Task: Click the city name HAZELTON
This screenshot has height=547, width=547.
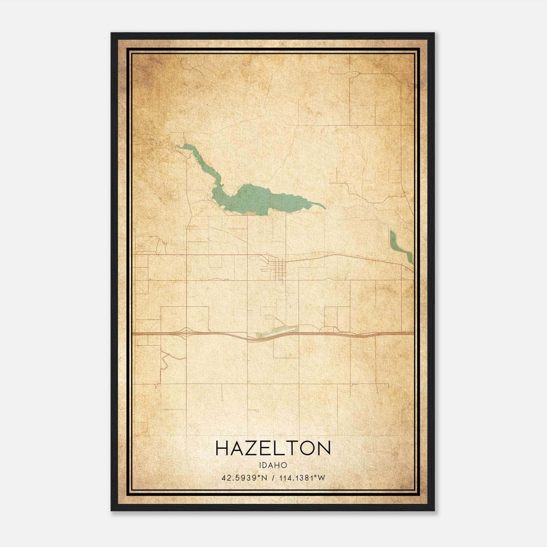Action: tap(273, 448)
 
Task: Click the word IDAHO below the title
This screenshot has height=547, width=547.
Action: tap(273, 465)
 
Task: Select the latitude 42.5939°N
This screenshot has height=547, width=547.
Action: tap(243, 478)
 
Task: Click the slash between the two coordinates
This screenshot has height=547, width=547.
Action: tap(272, 478)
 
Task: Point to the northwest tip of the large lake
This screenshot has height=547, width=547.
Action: tap(178, 146)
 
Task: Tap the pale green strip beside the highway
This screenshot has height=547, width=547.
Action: tap(279, 331)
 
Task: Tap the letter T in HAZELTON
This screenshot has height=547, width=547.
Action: tap(292, 448)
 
